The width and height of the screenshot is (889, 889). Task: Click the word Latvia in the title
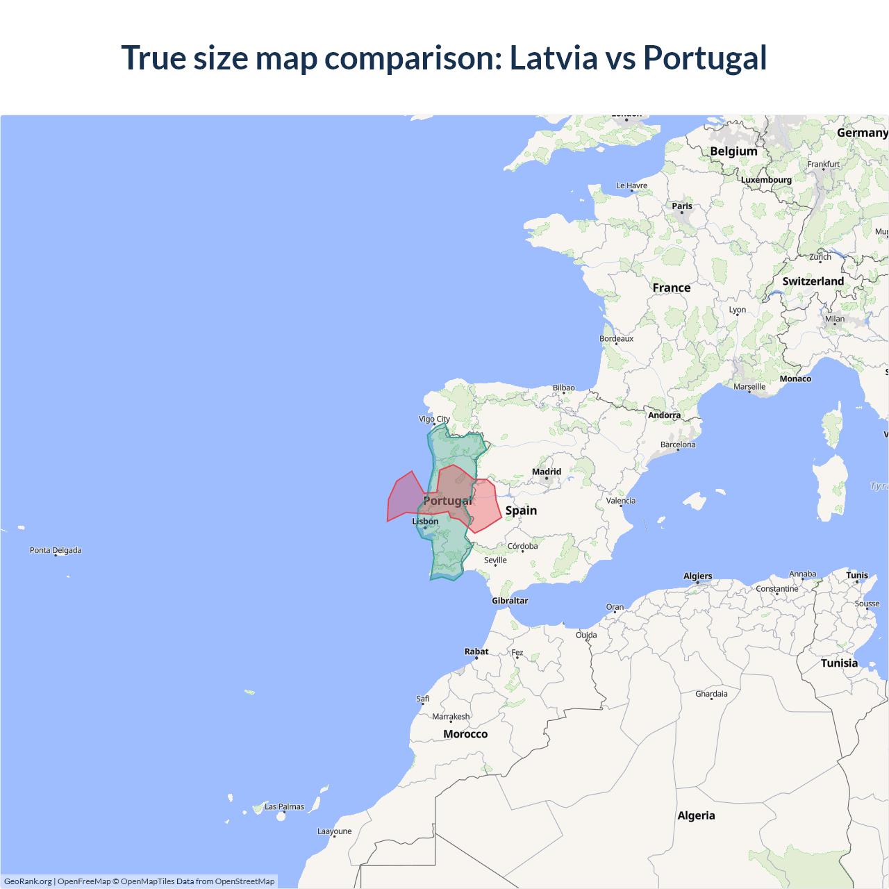pos(553,58)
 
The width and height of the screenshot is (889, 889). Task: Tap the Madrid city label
pos(547,472)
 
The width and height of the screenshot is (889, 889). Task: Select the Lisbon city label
pos(426,522)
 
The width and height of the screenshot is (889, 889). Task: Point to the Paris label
pos(682,206)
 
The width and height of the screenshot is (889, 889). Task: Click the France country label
pos(672,288)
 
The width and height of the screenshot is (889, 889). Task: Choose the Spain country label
pos(521,510)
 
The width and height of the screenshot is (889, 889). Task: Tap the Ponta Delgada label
pos(56,550)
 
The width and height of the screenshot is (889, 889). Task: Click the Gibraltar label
pos(510,601)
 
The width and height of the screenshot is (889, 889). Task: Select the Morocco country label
pos(465,734)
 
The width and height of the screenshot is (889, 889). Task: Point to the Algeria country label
pos(696,815)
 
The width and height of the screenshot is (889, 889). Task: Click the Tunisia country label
pos(839,663)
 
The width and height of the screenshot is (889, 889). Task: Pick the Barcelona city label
pos(678,444)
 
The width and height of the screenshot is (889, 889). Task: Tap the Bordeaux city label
pos(617,339)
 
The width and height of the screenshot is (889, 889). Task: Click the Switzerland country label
pos(813,281)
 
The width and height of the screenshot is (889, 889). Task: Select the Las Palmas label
pos(284,807)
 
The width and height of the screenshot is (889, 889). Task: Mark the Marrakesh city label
pos(451,717)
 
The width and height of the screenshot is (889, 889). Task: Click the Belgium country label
pos(733,151)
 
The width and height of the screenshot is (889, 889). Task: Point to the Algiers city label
pos(698,576)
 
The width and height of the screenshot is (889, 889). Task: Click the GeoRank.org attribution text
pos(28,881)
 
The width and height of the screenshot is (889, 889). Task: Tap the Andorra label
pos(665,415)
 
